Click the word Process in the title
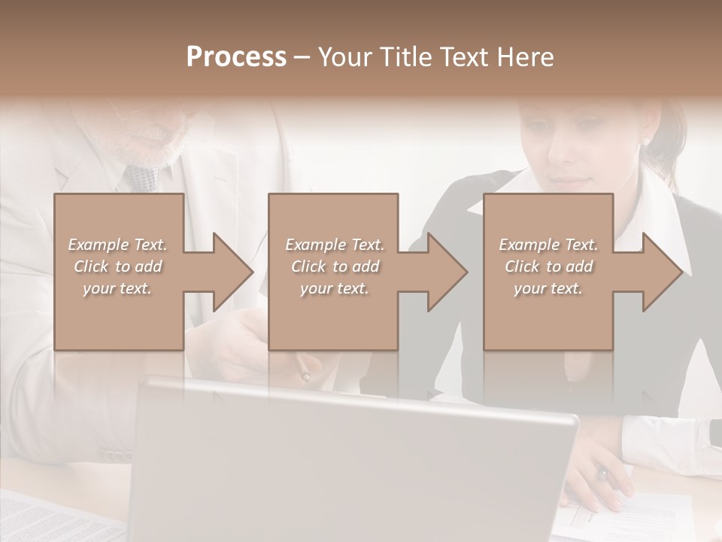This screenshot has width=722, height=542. click(236, 57)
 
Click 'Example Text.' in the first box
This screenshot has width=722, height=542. click(118, 245)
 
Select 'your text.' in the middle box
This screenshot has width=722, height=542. click(334, 288)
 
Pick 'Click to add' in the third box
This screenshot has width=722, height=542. click(548, 266)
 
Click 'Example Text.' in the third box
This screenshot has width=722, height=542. click(548, 245)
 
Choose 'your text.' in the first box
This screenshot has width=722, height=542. click(118, 288)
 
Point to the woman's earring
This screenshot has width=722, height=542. click(645, 141)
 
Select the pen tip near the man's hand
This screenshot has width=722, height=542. click(305, 374)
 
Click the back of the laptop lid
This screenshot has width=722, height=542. click(353, 467)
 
